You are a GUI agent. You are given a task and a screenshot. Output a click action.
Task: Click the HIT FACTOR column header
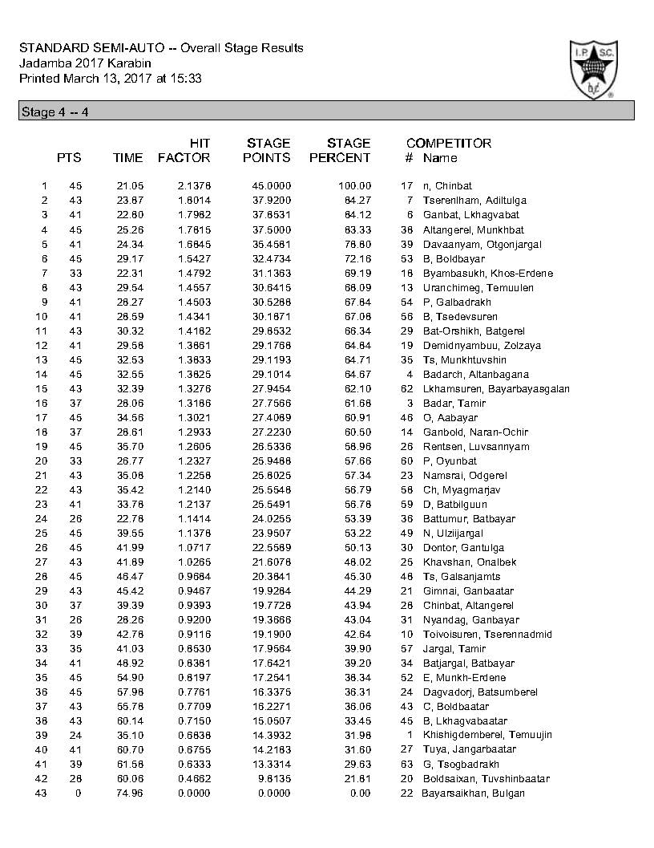184,151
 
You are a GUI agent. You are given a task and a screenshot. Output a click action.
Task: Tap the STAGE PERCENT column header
340,151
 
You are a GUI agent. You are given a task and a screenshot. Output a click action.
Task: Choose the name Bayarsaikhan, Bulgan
473,793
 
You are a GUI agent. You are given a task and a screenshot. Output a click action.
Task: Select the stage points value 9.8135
273,779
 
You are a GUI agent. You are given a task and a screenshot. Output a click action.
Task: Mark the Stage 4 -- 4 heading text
54,112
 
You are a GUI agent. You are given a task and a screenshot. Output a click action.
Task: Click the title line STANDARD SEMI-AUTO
161,48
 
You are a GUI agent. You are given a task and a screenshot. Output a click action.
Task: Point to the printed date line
110,78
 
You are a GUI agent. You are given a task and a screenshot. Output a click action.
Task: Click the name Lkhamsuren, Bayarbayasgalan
496,389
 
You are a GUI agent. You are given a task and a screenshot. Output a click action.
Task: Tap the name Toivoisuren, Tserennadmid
487,635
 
